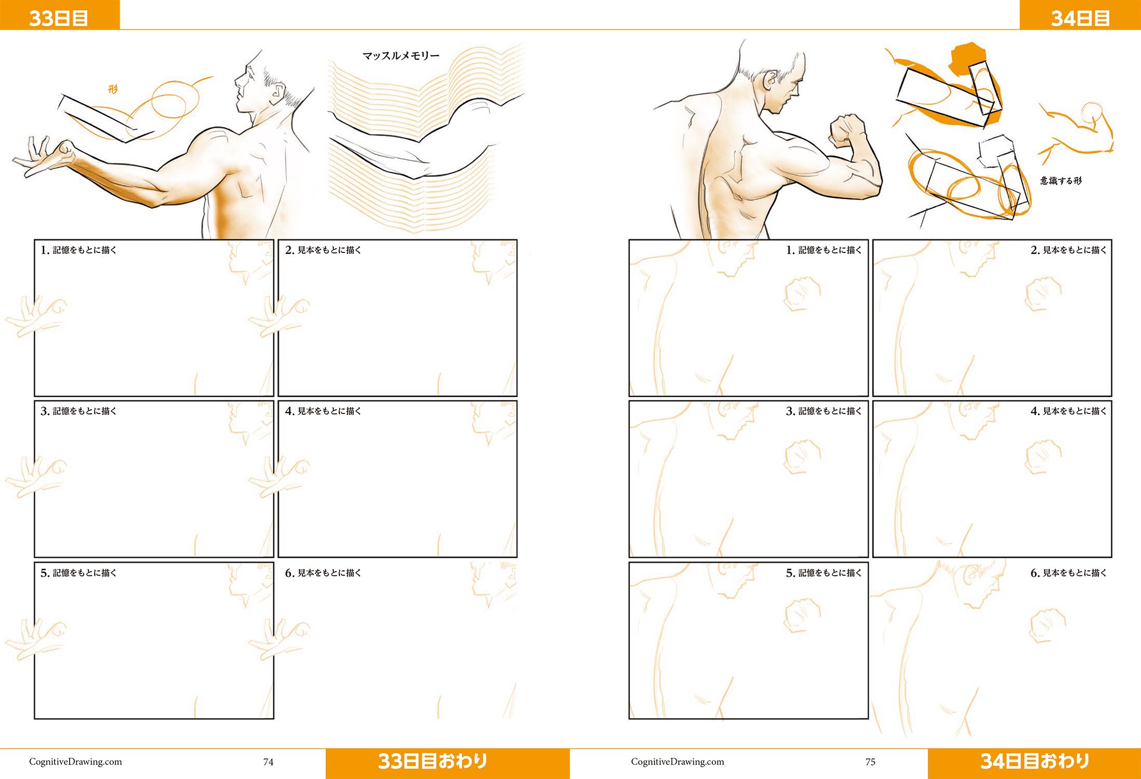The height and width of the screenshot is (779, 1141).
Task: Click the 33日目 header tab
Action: coord(59,15)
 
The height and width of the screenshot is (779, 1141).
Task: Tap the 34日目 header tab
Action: coord(1080,15)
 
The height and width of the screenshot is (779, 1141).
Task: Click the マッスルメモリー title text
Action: coord(401,56)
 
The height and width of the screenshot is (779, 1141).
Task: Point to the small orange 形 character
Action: coord(113,89)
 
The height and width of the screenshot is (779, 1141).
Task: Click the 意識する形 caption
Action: coord(1061,181)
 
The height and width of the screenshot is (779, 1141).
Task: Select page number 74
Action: coord(268,762)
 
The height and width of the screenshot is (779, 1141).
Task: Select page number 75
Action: coord(870,762)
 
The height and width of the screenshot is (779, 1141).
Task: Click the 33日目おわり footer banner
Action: coord(448,763)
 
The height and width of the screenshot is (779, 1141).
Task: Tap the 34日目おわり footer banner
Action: coord(1034,763)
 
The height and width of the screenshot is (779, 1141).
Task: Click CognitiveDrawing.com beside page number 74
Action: coord(75,762)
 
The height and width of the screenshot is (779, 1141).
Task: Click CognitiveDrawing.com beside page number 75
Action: coord(677,762)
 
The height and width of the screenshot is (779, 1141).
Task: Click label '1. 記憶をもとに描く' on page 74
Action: coord(78,250)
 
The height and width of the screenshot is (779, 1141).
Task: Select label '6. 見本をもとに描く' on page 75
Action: coord(1068,573)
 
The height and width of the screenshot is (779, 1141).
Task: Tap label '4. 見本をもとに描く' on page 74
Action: coord(323,411)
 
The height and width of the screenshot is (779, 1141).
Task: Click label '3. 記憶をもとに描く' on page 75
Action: coord(823,411)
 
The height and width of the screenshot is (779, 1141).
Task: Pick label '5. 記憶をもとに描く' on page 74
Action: coord(78,573)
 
